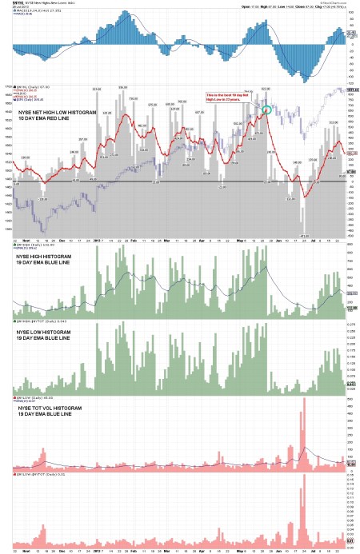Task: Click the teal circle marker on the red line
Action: click(267, 107)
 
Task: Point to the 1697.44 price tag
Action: click(350, 90)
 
